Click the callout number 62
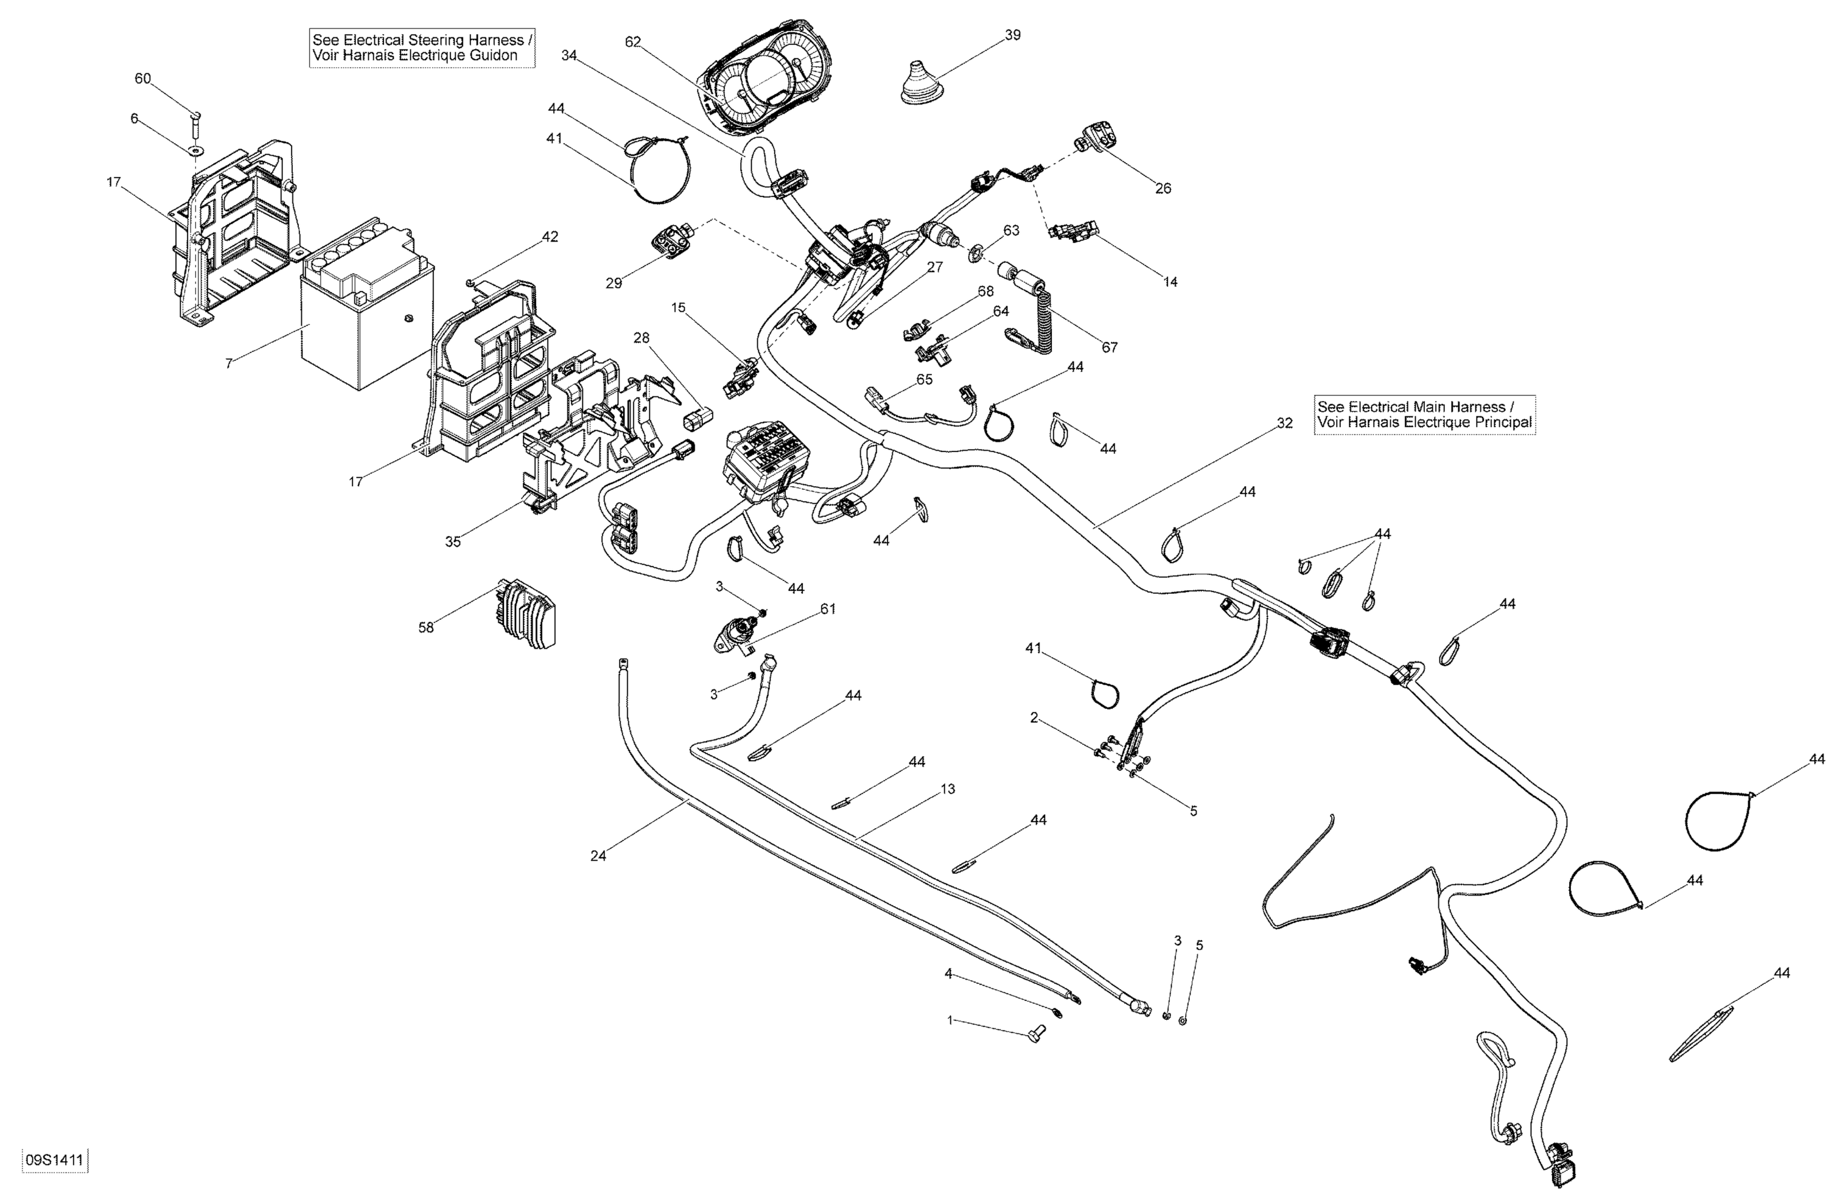[x=632, y=42]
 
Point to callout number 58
[x=426, y=627]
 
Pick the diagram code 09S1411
[x=54, y=1160]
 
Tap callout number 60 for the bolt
[x=142, y=78]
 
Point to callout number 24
[x=598, y=856]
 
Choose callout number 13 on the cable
[x=948, y=789]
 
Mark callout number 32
[x=1284, y=423]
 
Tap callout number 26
[x=1163, y=188]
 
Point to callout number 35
[x=453, y=542]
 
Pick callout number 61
[x=828, y=608]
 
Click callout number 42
[x=550, y=237]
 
